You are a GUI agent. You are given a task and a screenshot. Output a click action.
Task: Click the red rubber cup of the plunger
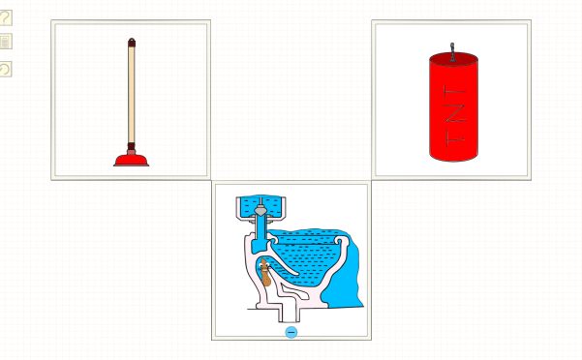click(x=131, y=161)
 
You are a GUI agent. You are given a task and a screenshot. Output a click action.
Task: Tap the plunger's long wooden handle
click(x=132, y=94)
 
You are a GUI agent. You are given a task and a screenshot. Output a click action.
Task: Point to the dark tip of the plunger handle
click(x=132, y=42)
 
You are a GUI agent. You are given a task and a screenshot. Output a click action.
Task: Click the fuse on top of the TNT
click(x=452, y=52)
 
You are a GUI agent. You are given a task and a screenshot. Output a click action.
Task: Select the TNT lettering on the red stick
click(x=455, y=116)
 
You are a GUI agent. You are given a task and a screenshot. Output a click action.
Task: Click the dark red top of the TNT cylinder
click(x=453, y=59)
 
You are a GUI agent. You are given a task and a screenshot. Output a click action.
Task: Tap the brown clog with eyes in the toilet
click(x=264, y=272)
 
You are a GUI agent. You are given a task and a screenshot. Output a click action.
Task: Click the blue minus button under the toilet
click(x=291, y=332)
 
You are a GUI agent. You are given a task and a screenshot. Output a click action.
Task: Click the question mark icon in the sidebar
click(x=5, y=17)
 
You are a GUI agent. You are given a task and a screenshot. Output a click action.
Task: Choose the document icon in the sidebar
click(x=5, y=42)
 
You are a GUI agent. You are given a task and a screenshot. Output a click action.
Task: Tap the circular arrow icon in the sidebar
click(x=5, y=70)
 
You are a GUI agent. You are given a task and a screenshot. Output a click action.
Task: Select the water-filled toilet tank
click(x=260, y=207)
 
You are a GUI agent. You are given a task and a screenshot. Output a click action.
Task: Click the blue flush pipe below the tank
click(x=260, y=233)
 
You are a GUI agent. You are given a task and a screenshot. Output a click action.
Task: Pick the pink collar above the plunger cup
click(x=131, y=151)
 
